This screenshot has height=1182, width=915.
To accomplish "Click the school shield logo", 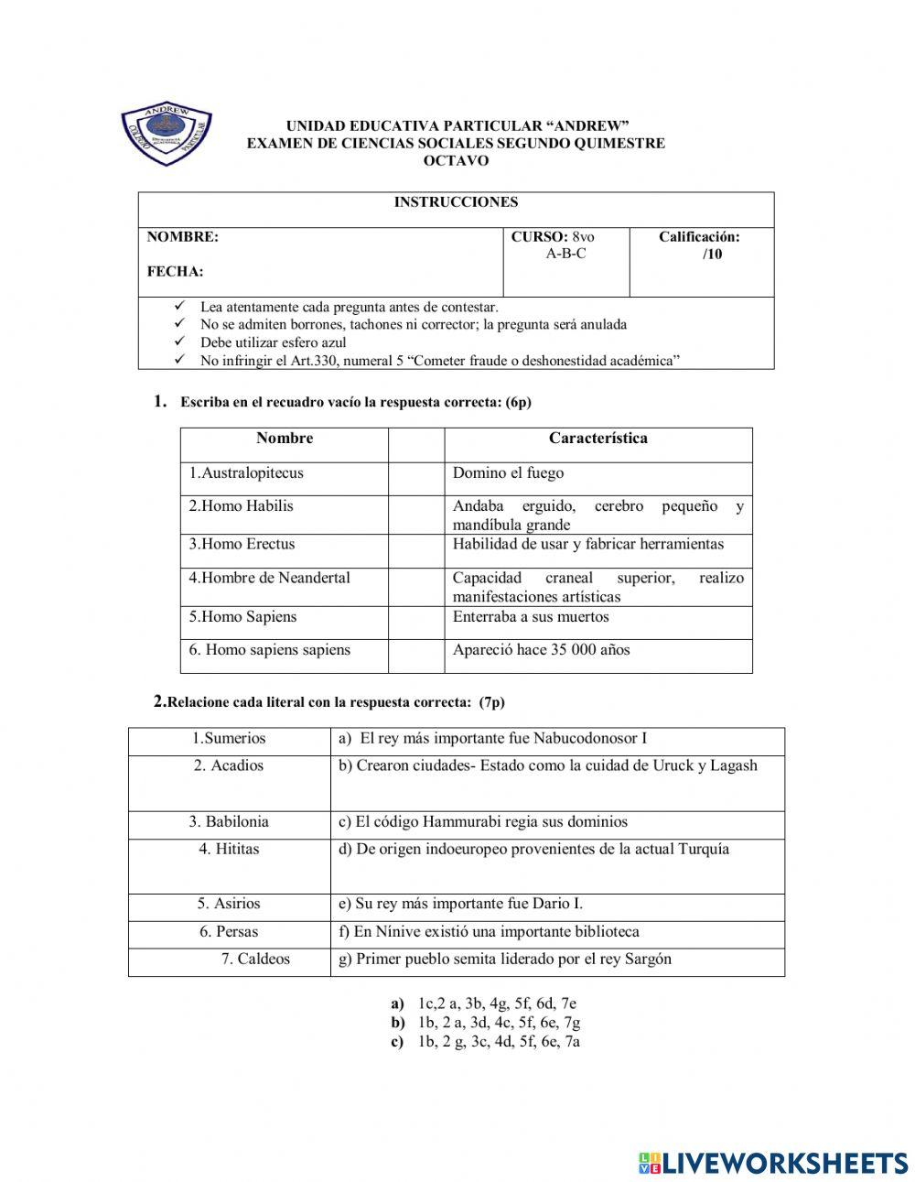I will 167,136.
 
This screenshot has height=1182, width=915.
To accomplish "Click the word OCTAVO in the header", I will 456,161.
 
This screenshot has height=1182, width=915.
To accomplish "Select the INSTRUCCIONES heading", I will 456,202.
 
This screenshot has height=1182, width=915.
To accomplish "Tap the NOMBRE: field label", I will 183,237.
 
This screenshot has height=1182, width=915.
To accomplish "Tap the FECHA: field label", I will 175,272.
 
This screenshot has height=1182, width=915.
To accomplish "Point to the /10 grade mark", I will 712,255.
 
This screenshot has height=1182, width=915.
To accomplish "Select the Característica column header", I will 597,439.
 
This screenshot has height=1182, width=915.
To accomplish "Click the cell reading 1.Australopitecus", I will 246,473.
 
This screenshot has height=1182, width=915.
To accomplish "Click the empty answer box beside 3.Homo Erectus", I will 416,550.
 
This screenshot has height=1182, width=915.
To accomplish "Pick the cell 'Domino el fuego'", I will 508,473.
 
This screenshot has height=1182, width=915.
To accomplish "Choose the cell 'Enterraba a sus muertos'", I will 531,617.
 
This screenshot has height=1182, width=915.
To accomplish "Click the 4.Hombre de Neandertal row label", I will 269,578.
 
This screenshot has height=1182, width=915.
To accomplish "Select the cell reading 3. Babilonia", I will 229,822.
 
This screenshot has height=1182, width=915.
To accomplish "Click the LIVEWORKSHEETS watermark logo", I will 772,1163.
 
